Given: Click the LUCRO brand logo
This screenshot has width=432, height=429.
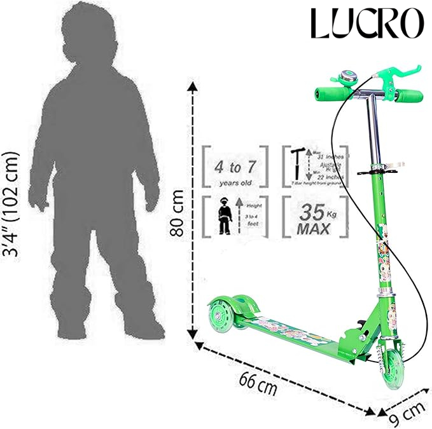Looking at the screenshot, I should pos(366,23).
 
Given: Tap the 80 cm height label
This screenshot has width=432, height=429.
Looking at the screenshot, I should pos(181,212).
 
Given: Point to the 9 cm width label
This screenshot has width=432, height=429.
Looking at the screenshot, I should pos(405,414).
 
